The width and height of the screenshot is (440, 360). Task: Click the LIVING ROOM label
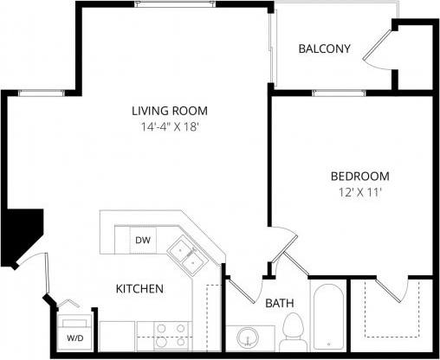click(x=170, y=111)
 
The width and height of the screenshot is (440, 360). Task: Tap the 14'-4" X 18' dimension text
click(x=170, y=127)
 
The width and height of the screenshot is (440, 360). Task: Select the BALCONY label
click(x=324, y=48)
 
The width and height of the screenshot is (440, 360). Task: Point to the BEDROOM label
click(x=359, y=176)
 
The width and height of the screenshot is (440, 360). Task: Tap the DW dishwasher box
click(x=143, y=240)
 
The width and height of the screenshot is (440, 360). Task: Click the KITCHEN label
click(x=140, y=288)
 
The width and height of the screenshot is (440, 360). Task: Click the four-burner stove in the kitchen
click(x=169, y=334)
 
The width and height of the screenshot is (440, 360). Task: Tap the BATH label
click(x=279, y=303)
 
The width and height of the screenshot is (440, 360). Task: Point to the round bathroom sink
click(x=248, y=337)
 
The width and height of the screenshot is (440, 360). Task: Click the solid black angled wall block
click(x=21, y=234)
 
